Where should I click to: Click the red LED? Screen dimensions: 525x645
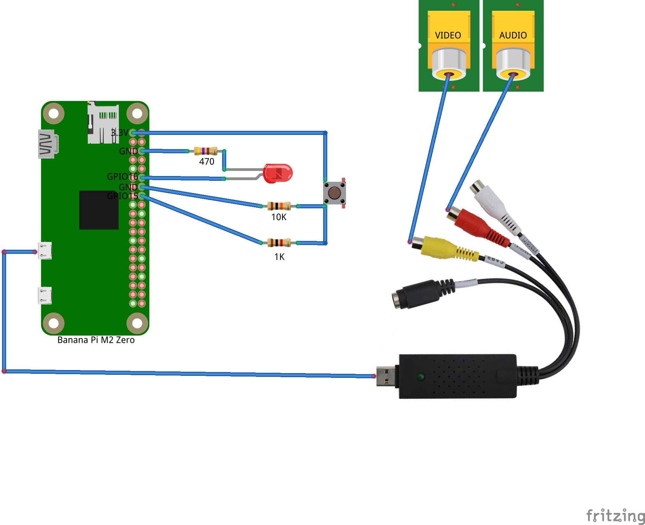278,173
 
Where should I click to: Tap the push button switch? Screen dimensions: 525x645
334,193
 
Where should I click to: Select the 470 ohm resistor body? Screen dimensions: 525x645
205,151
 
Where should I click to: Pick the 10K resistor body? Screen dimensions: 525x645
279,206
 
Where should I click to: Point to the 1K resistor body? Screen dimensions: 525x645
279,243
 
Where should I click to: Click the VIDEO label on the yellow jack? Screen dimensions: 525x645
448,35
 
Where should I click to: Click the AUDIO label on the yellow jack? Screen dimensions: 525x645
513,35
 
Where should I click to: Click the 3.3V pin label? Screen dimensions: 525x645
120,133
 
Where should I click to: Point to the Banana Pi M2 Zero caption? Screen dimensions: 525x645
96,340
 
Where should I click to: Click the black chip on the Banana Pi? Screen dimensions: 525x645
99,210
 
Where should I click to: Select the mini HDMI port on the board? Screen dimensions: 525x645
47,144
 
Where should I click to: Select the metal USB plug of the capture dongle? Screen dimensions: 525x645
385,377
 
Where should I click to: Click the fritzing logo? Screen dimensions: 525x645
615,515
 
